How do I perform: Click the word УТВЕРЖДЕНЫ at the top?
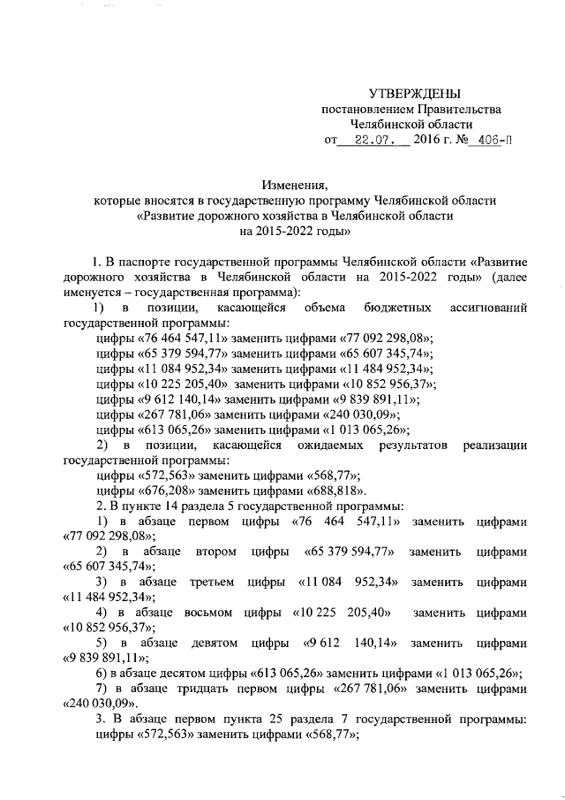(x=414, y=94)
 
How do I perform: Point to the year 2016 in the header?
(x=428, y=140)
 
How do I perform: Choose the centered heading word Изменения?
(x=294, y=185)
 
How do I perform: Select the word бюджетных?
(x=396, y=308)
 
